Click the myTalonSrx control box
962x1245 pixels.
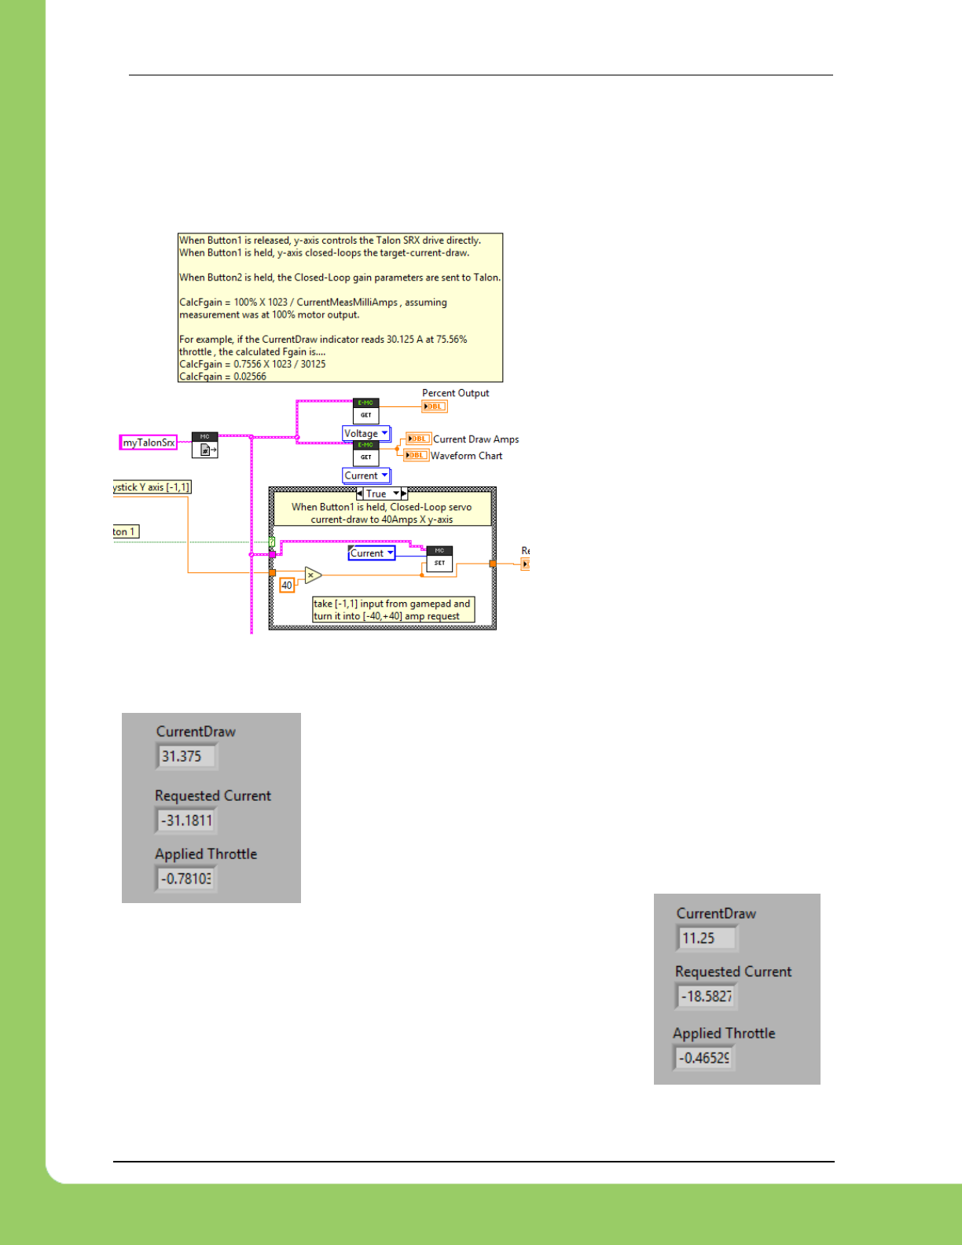[x=148, y=443]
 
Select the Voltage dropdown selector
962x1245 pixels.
[x=366, y=433]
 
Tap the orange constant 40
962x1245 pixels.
[x=287, y=585]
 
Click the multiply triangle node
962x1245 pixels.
[x=312, y=575]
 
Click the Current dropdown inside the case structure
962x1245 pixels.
[x=371, y=553]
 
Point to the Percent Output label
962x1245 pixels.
[x=455, y=393]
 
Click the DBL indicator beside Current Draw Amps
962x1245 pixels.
[x=418, y=439]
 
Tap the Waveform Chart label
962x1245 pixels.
[x=466, y=456]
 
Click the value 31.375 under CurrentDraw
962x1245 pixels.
[x=185, y=756]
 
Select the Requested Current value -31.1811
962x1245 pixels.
[x=185, y=821]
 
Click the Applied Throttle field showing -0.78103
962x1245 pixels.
[x=185, y=879]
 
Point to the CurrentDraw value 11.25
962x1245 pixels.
[x=706, y=938]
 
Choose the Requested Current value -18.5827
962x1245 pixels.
[x=706, y=996]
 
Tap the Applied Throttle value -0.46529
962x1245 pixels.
[x=703, y=1058]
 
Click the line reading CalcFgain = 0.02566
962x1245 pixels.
[x=223, y=376]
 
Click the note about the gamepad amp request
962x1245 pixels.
[x=393, y=610]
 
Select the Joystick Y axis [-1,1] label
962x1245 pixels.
[x=152, y=487]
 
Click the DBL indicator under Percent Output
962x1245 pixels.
[x=435, y=406]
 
